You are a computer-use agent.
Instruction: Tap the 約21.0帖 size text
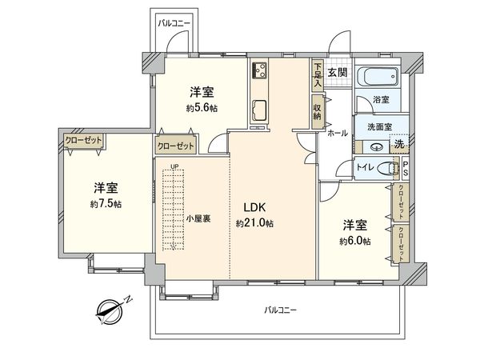click(x=254, y=223)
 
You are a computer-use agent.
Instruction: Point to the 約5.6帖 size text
click(x=202, y=108)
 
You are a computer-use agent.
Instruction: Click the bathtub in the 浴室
click(x=376, y=79)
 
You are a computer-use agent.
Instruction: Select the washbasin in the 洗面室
click(x=377, y=146)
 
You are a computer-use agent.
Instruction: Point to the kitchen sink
click(x=260, y=109)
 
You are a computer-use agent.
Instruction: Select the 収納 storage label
click(x=318, y=110)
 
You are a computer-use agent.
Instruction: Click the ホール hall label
click(x=337, y=133)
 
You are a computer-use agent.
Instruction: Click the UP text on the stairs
click(x=174, y=166)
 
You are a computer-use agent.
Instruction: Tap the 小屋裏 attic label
click(x=198, y=218)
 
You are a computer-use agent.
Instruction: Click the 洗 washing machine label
click(x=399, y=144)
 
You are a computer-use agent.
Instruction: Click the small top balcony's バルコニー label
click(x=173, y=25)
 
